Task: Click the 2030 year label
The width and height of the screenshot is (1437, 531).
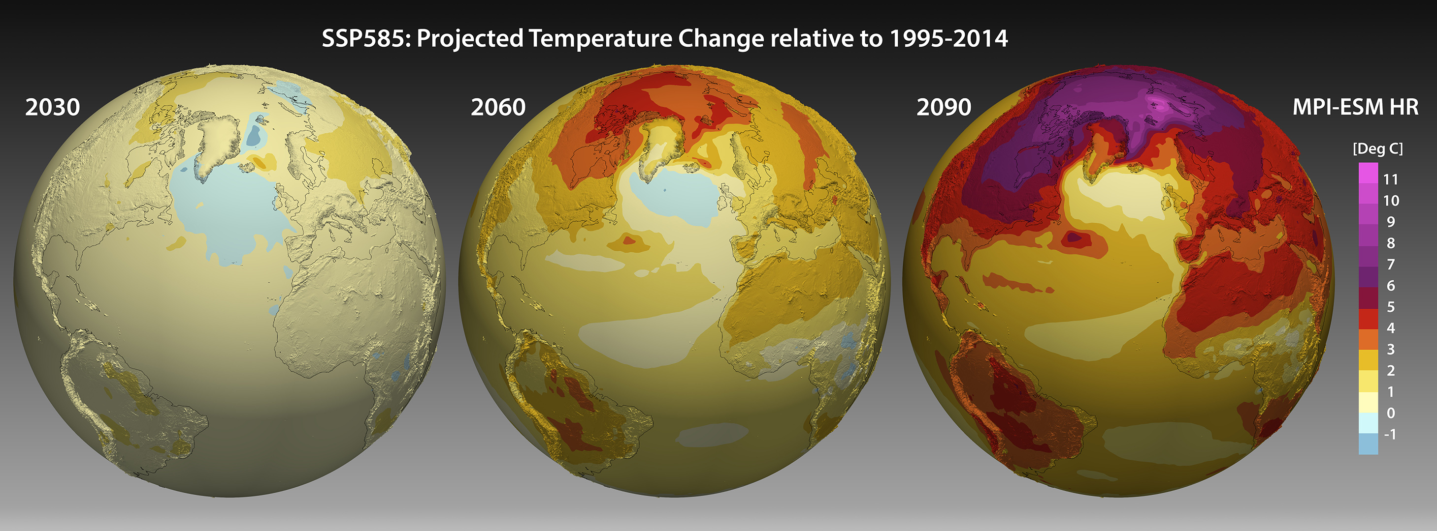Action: click(x=52, y=107)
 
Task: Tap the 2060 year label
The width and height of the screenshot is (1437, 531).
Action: click(x=498, y=107)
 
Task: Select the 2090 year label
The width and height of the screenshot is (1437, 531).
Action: click(x=944, y=107)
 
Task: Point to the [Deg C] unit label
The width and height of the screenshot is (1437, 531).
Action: click(x=1377, y=149)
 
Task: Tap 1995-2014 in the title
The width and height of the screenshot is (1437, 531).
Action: click(x=948, y=38)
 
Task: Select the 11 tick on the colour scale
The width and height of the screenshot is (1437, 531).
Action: click(x=1390, y=179)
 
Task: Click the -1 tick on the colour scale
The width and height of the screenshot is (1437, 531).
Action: click(x=1390, y=434)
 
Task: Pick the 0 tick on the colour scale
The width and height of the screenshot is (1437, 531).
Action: click(x=1390, y=413)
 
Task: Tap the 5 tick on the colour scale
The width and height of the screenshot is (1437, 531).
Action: click(x=1390, y=306)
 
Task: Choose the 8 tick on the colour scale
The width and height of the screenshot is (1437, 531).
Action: click(x=1390, y=243)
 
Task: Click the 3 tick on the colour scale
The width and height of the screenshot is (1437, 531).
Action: click(x=1390, y=350)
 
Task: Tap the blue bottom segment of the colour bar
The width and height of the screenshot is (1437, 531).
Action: click(x=1368, y=444)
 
